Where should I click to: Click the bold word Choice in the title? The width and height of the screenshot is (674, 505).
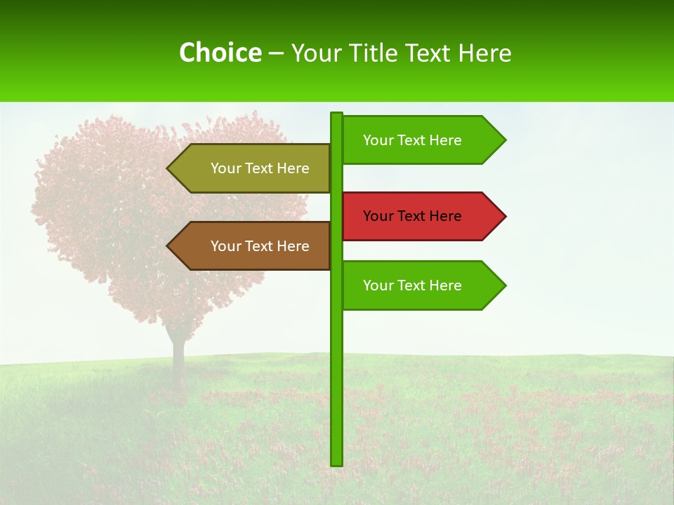pos(220,53)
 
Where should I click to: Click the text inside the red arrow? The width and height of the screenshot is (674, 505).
pos(412,216)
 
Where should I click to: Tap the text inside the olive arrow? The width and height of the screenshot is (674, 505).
pos(260,168)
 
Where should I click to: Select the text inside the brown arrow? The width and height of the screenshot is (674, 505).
pos(260,246)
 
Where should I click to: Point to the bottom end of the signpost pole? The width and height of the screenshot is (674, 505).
pos(337,463)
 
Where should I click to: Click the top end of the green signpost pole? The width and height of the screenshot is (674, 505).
pos(337,115)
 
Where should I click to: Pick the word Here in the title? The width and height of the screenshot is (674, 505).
pos(484,53)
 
